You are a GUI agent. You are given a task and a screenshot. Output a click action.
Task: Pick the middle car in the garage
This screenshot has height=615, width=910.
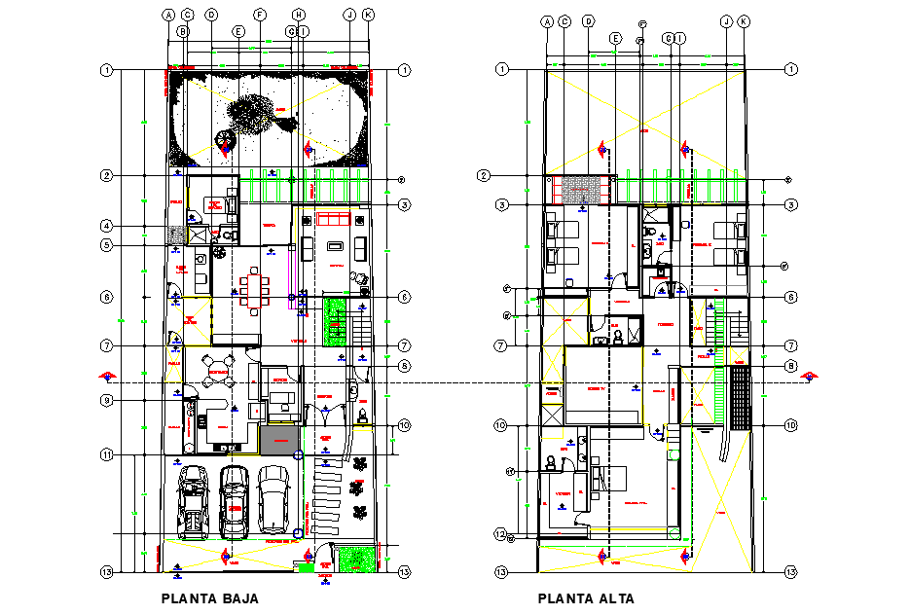pyautogui.click(x=235, y=500)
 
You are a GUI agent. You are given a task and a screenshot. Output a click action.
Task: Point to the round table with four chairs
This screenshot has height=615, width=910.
pyautogui.click(x=216, y=370)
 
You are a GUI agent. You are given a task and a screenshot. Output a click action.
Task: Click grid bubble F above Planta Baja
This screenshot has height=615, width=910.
pyautogui.click(x=260, y=15)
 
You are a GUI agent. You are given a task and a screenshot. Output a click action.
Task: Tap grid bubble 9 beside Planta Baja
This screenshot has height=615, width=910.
pyautogui.click(x=107, y=401)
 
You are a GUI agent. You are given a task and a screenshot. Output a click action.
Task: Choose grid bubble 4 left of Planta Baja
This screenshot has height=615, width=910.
pyautogui.click(x=107, y=226)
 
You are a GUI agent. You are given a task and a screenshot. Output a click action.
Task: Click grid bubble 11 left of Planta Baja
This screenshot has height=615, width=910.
pyautogui.click(x=107, y=454)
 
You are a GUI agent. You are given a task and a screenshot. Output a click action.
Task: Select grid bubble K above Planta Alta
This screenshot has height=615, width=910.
pyautogui.click(x=744, y=20)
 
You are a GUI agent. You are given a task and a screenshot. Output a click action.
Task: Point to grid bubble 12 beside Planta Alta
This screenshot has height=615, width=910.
pyautogui.click(x=500, y=533)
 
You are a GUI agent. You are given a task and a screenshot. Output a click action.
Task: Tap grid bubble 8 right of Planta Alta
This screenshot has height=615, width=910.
pyautogui.click(x=791, y=366)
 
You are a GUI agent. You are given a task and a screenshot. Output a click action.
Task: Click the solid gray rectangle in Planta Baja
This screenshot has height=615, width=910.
pyautogui.click(x=279, y=441)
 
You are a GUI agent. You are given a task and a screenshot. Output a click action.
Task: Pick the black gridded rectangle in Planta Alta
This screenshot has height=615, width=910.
pyautogui.click(x=741, y=397)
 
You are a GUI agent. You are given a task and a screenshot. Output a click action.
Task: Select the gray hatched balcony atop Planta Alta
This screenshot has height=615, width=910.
pyautogui.click(x=583, y=189)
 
